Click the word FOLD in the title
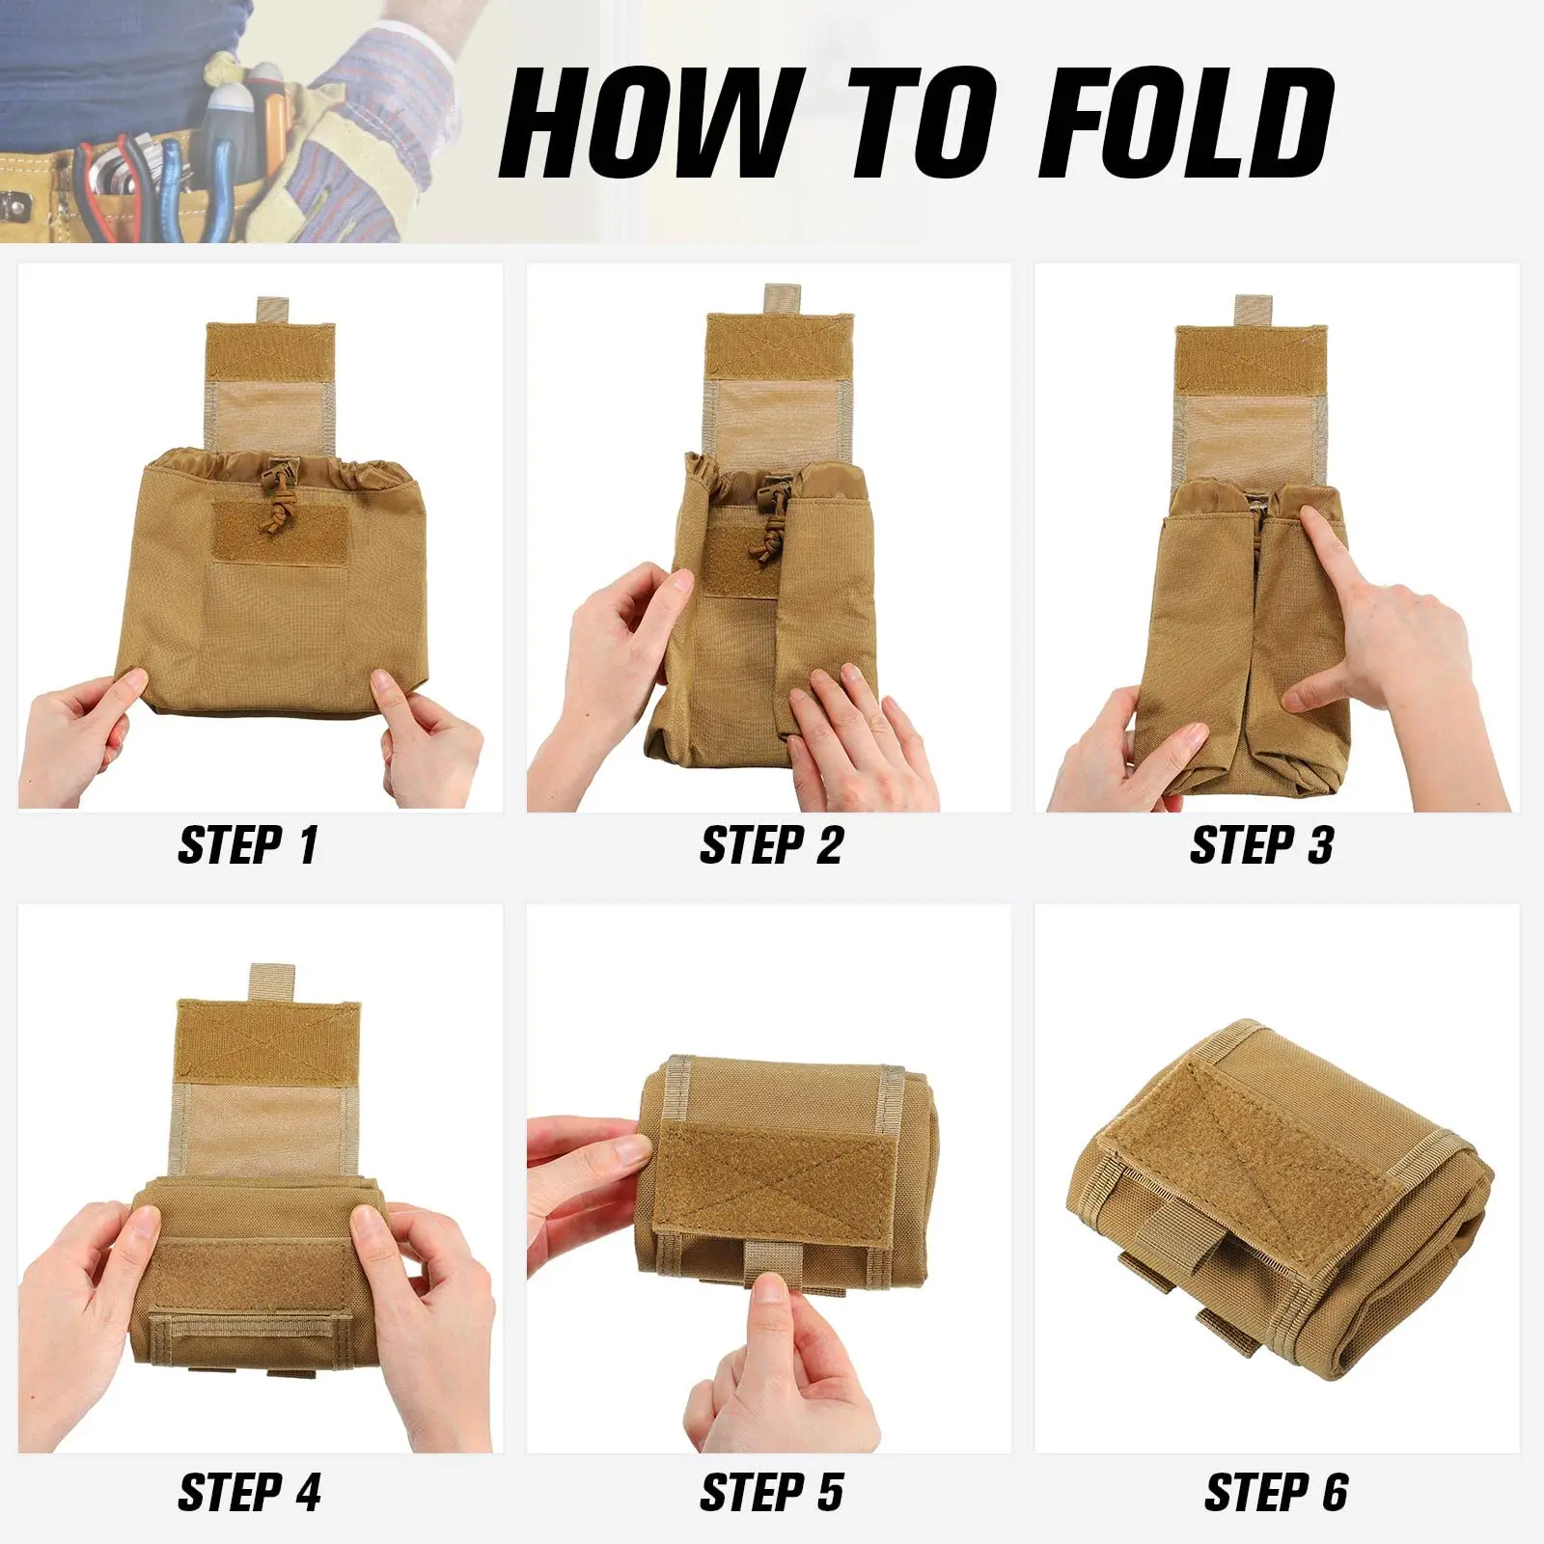[1192, 124]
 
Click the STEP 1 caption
[248, 845]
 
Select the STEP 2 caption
[771, 845]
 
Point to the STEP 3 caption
[1261, 845]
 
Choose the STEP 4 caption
[249, 1492]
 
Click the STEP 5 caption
[771, 1492]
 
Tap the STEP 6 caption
[1276, 1492]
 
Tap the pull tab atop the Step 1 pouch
[271, 311]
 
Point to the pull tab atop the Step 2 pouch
[780, 299]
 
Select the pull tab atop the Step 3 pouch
[1251, 311]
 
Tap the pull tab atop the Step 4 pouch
[266, 980]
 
